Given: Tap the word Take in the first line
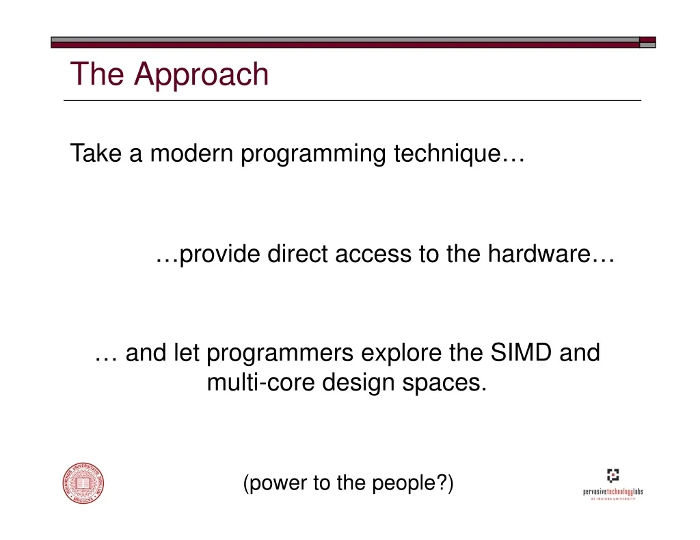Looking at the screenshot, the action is [96, 154].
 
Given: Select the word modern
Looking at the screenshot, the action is [191, 154].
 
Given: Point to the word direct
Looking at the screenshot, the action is [297, 254].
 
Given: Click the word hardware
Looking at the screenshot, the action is [539, 254].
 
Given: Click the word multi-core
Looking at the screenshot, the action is [260, 382].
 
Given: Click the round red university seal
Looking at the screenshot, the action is [83, 483].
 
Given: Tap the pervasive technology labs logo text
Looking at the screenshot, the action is [613, 492].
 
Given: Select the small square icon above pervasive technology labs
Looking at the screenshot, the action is [613, 474].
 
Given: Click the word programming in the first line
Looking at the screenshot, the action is [313, 154].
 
